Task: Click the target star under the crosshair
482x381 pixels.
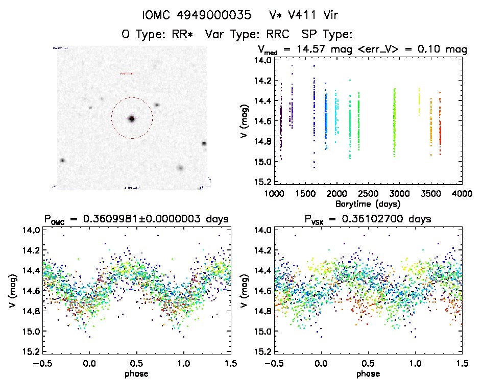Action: pyautogui.click(x=131, y=118)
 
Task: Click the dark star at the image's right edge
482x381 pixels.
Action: pyautogui.click(x=204, y=143)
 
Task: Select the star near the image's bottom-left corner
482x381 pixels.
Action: pyautogui.click(x=62, y=160)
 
